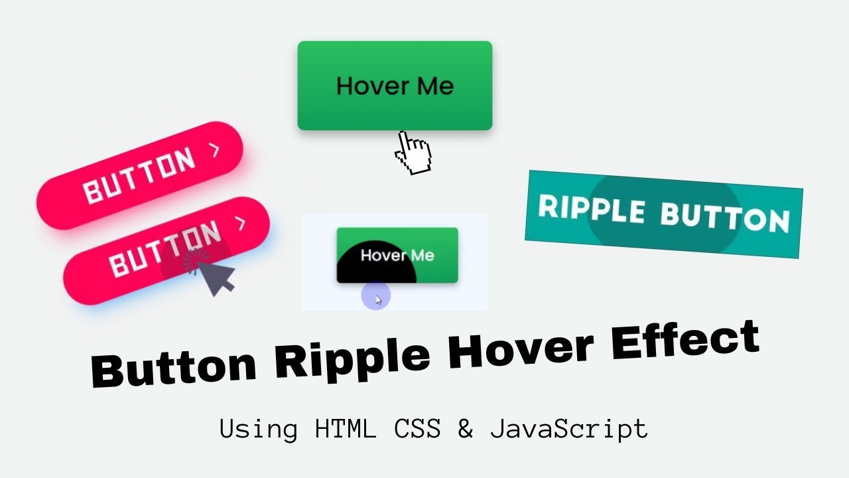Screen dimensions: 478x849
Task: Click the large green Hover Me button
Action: click(x=395, y=86)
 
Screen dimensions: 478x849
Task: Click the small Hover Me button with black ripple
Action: click(x=397, y=255)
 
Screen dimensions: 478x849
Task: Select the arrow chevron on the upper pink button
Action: click(x=214, y=151)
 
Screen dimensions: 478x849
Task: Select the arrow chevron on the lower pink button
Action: click(x=241, y=224)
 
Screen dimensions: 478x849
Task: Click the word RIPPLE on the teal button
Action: click(x=591, y=208)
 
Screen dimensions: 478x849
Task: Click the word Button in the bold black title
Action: click(x=174, y=370)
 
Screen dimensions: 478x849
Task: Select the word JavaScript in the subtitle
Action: click(x=569, y=429)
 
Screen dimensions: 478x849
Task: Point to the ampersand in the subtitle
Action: click(x=466, y=429)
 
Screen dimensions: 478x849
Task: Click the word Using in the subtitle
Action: click(x=259, y=430)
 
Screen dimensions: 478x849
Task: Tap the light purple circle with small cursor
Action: click(x=376, y=297)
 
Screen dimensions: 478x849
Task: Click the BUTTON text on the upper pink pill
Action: click(x=140, y=175)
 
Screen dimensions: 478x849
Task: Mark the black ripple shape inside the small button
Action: click(x=371, y=264)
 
